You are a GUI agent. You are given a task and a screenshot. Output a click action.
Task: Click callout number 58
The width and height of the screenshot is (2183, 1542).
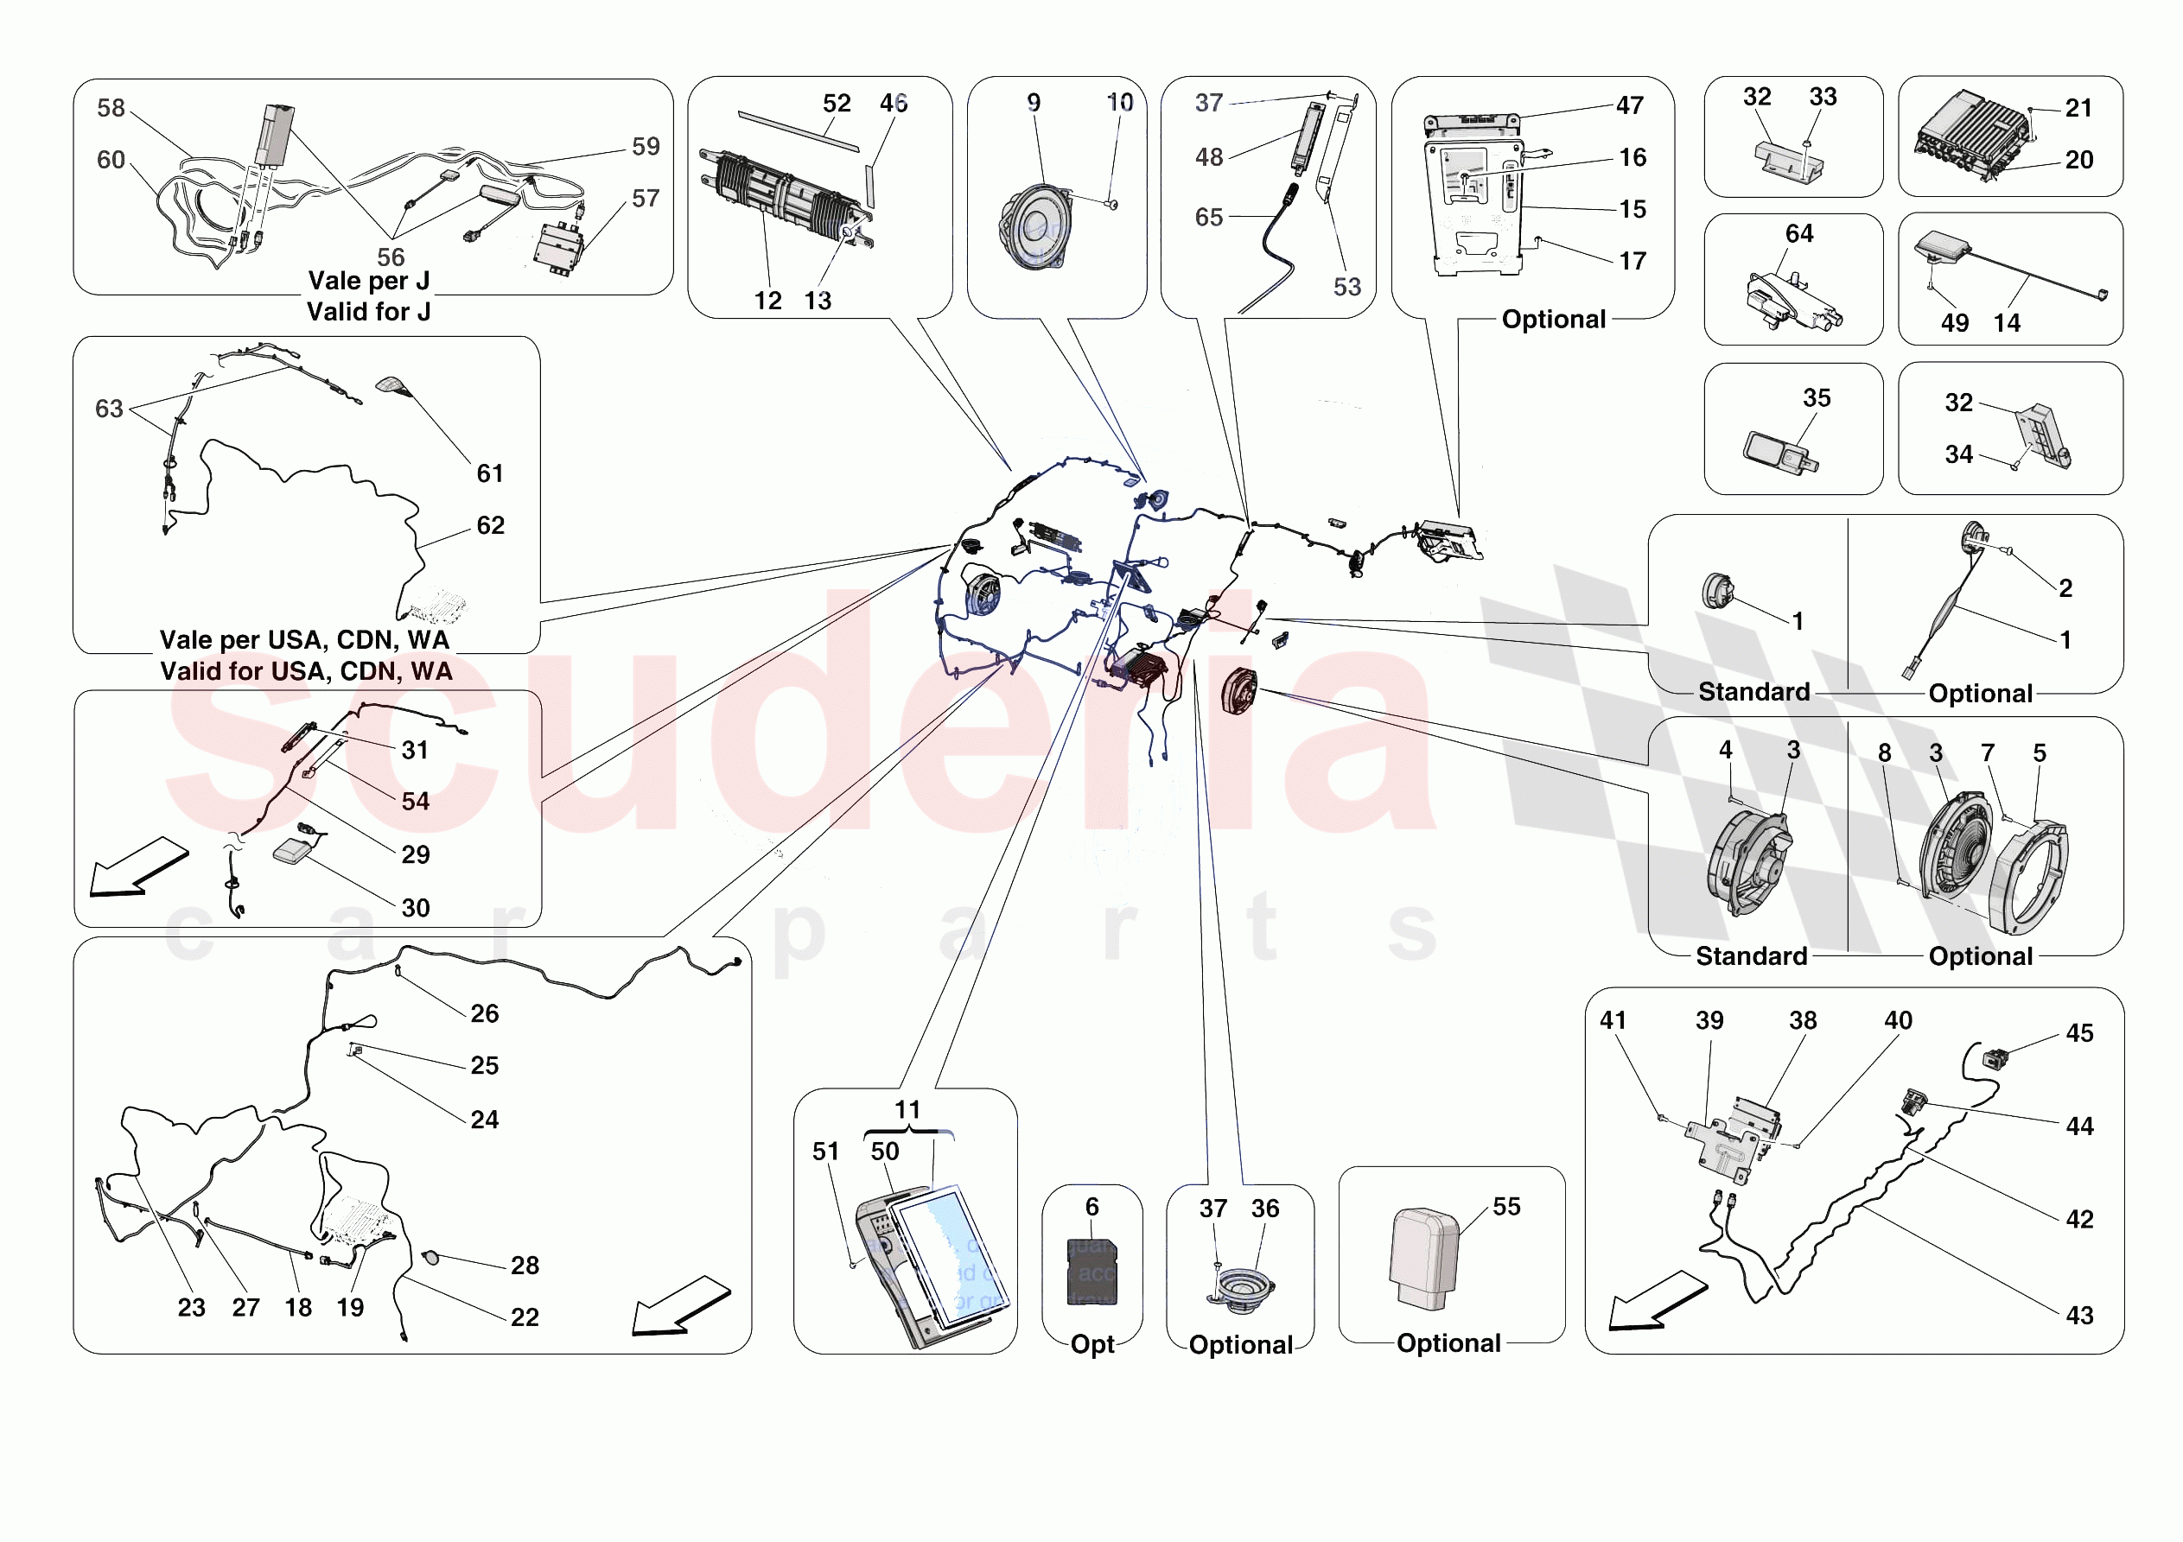[x=111, y=108]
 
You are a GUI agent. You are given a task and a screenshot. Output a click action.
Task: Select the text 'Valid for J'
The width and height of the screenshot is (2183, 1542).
[x=368, y=312]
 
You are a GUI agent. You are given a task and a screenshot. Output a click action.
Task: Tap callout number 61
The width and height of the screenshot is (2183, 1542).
[x=490, y=473]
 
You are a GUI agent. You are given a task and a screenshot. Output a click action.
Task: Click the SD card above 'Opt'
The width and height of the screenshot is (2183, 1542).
[x=1091, y=1272]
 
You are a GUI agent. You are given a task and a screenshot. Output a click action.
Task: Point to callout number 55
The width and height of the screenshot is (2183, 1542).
[x=1506, y=1207]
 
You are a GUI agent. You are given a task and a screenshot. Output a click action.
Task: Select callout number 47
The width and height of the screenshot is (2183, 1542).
[x=1630, y=105]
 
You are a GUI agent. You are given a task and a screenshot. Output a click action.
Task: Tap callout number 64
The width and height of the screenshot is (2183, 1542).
[x=1799, y=234]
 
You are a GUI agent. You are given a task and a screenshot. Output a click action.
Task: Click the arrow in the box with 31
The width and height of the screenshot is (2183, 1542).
[x=138, y=866]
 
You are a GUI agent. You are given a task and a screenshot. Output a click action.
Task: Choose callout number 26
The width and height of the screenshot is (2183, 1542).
[x=484, y=1013]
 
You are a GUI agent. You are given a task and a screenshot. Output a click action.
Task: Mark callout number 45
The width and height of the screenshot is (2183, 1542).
[x=2079, y=1033]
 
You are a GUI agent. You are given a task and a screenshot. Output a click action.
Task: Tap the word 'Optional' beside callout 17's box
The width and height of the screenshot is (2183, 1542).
[x=1554, y=320]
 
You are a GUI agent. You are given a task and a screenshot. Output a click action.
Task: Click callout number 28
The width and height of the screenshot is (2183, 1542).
[x=524, y=1266]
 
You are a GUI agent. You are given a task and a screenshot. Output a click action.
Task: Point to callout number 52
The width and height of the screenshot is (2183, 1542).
[x=837, y=104]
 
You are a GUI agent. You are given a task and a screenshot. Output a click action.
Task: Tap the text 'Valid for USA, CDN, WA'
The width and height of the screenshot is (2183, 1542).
[x=306, y=671]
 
